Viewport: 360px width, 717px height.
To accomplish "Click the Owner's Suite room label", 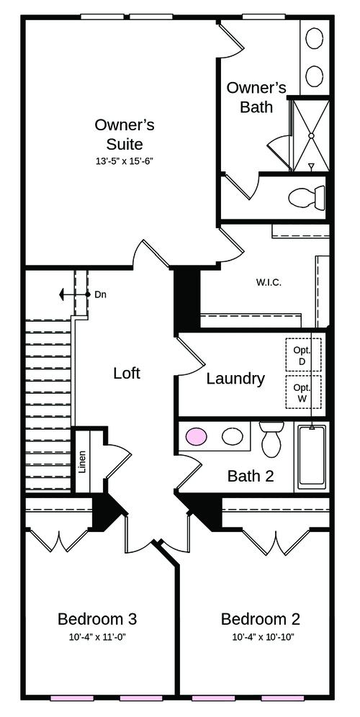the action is [124, 134].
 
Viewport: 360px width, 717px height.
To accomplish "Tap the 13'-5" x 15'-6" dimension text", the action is [125, 161].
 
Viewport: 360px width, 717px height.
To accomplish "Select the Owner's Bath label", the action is [256, 97].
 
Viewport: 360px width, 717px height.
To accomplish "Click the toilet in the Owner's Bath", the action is [307, 197].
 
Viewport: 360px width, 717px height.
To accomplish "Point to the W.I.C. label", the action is [269, 282].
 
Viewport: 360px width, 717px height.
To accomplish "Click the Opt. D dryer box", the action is [303, 355].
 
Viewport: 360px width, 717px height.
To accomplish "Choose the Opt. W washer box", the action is [303, 392].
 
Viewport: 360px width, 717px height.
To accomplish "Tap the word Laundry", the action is [235, 379].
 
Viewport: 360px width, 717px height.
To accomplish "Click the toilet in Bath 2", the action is [271, 438].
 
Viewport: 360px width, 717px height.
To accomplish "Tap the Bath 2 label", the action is [251, 476].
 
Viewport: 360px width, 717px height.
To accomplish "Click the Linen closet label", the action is [83, 462].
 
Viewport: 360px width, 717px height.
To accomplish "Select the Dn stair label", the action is [101, 295].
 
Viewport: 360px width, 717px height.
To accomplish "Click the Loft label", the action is [127, 373].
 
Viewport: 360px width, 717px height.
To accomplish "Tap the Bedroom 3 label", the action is [97, 619].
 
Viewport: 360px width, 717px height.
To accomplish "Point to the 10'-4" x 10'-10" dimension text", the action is [263, 637].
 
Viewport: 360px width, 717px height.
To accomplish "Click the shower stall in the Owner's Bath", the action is [310, 135].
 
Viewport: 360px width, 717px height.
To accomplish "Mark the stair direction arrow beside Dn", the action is [74, 295].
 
